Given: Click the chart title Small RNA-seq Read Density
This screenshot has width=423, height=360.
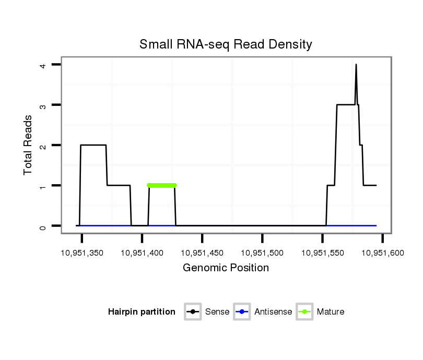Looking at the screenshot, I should click(x=226, y=44).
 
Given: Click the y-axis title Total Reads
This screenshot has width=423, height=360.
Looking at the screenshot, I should click(x=28, y=145).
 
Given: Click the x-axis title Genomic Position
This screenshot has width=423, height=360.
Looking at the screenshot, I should click(x=226, y=268).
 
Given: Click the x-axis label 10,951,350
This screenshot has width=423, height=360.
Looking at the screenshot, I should click(x=81, y=253).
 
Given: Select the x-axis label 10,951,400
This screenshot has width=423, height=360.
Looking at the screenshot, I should click(x=142, y=253).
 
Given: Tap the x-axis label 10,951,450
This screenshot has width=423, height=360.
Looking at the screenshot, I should click(x=202, y=253).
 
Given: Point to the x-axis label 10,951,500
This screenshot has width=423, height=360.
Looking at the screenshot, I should click(x=262, y=253).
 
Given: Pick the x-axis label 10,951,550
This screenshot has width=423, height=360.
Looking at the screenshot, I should click(x=322, y=253).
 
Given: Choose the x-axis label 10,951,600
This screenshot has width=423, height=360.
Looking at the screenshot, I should click(x=382, y=253).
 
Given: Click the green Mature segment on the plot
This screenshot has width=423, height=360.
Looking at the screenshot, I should click(x=162, y=185).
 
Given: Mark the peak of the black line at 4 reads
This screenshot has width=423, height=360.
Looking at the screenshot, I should click(x=356, y=65).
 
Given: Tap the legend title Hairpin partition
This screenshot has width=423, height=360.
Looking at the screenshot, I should click(x=142, y=312).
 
